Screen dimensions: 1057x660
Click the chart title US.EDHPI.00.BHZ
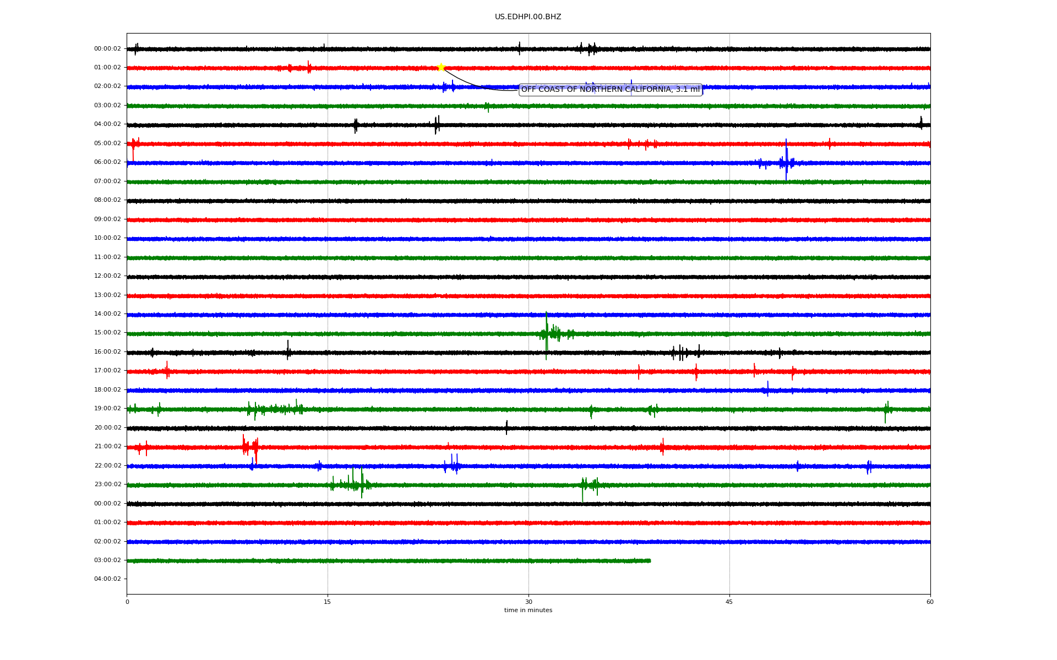(528, 17)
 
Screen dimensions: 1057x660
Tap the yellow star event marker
(441, 68)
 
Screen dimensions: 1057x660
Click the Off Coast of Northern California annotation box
(611, 90)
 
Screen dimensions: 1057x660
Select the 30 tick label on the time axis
(528, 602)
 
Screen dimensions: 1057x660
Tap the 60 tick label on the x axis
(930, 602)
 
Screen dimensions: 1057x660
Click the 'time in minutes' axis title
(528, 610)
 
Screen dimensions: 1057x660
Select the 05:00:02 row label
(107, 144)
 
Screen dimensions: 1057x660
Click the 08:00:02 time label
(107, 200)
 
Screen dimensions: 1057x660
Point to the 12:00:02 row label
(107, 276)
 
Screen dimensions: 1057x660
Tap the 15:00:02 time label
(107, 333)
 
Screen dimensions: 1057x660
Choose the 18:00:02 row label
(107, 390)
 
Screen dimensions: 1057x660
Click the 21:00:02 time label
(107, 447)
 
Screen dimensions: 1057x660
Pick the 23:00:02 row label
(107, 485)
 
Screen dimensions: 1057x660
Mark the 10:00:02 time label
(107, 238)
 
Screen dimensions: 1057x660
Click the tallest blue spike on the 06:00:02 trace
(786, 159)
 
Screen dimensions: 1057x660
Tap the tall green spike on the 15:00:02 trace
(546, 335)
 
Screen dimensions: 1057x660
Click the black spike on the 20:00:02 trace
(506, 427)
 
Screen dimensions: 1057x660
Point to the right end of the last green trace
(650, 561)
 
